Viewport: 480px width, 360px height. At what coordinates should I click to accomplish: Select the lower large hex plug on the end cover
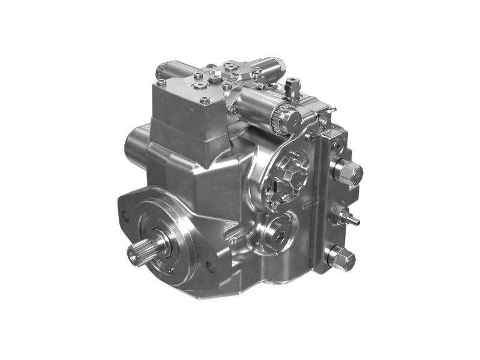[x=343, y=257]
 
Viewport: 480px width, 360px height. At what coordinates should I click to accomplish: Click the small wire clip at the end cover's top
[x=328, y=110]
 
